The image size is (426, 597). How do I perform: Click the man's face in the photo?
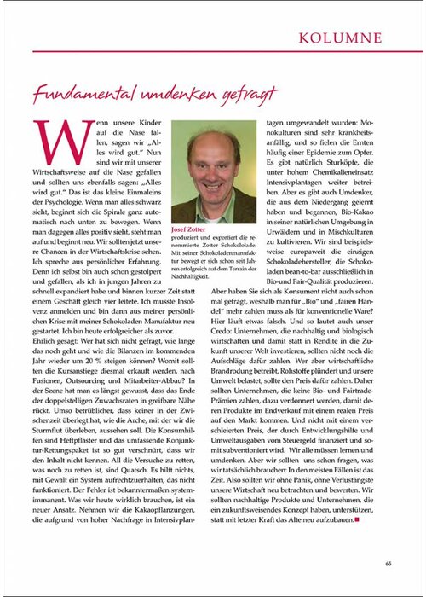click(x=212, y=166)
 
